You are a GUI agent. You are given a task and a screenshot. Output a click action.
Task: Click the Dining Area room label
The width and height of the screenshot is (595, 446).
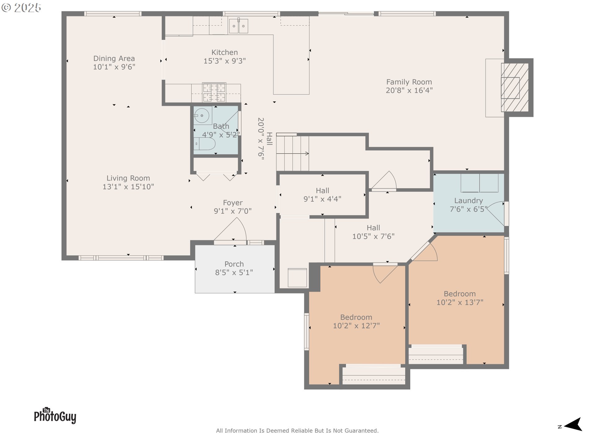(x=114, y=59)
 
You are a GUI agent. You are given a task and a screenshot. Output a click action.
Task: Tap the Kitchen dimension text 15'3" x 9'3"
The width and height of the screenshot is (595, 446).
(x=225, y=61)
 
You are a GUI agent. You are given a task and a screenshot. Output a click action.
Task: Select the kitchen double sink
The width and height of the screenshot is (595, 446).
(x=238, y=25)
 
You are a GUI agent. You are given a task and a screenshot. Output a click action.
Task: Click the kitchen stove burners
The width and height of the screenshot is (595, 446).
(x=214, y=92)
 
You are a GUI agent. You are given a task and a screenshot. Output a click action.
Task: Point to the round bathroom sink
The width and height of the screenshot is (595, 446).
(x=202, y=116)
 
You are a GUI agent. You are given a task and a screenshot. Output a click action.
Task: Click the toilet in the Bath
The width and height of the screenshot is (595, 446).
(x=205, y=144)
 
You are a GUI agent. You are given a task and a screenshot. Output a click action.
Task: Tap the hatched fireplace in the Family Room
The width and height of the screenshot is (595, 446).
(x=515, y=87)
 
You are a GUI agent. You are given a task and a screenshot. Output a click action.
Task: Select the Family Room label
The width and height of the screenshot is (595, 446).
(x=409, y=82)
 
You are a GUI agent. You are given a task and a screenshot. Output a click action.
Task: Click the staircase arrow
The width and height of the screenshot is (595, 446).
(x=293, y=153)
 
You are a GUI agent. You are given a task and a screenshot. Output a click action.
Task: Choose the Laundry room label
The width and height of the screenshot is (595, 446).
(x=469, y=201)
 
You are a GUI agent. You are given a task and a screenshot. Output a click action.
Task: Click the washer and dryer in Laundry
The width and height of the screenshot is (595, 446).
(x=479, y=183)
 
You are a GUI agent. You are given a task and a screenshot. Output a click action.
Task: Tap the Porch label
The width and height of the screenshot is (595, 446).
(x=234, y=264)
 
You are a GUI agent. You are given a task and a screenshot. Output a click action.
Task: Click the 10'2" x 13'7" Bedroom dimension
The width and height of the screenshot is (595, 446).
(x=460, y=303)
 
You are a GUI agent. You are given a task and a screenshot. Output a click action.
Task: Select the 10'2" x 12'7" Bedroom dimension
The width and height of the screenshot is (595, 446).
(x=356, y=326)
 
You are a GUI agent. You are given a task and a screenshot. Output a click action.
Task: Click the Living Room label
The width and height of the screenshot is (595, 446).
(x=128, y=178)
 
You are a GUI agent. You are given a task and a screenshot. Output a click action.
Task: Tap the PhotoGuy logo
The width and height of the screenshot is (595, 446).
(x=55, y=415)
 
